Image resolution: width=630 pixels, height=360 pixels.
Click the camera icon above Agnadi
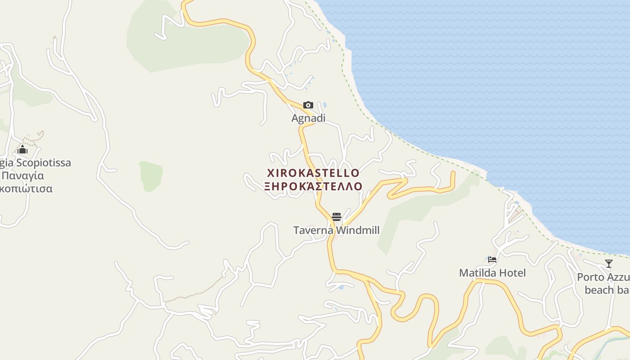[308, 105]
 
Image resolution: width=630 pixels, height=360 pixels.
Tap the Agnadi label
[308, 118]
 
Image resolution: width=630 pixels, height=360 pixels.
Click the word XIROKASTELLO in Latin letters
[313, 173]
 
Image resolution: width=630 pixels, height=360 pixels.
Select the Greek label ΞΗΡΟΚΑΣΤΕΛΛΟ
[313, 186]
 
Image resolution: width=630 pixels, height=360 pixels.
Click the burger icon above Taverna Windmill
[337, 217]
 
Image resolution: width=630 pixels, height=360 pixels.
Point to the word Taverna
[313, 231]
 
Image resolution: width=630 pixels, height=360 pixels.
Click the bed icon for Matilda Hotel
[492, 260]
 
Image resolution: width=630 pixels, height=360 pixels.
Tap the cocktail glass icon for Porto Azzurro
[609, 264]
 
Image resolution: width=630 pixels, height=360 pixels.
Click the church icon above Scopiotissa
[22, 149]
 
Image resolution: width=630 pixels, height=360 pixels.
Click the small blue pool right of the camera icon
[324, 105]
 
